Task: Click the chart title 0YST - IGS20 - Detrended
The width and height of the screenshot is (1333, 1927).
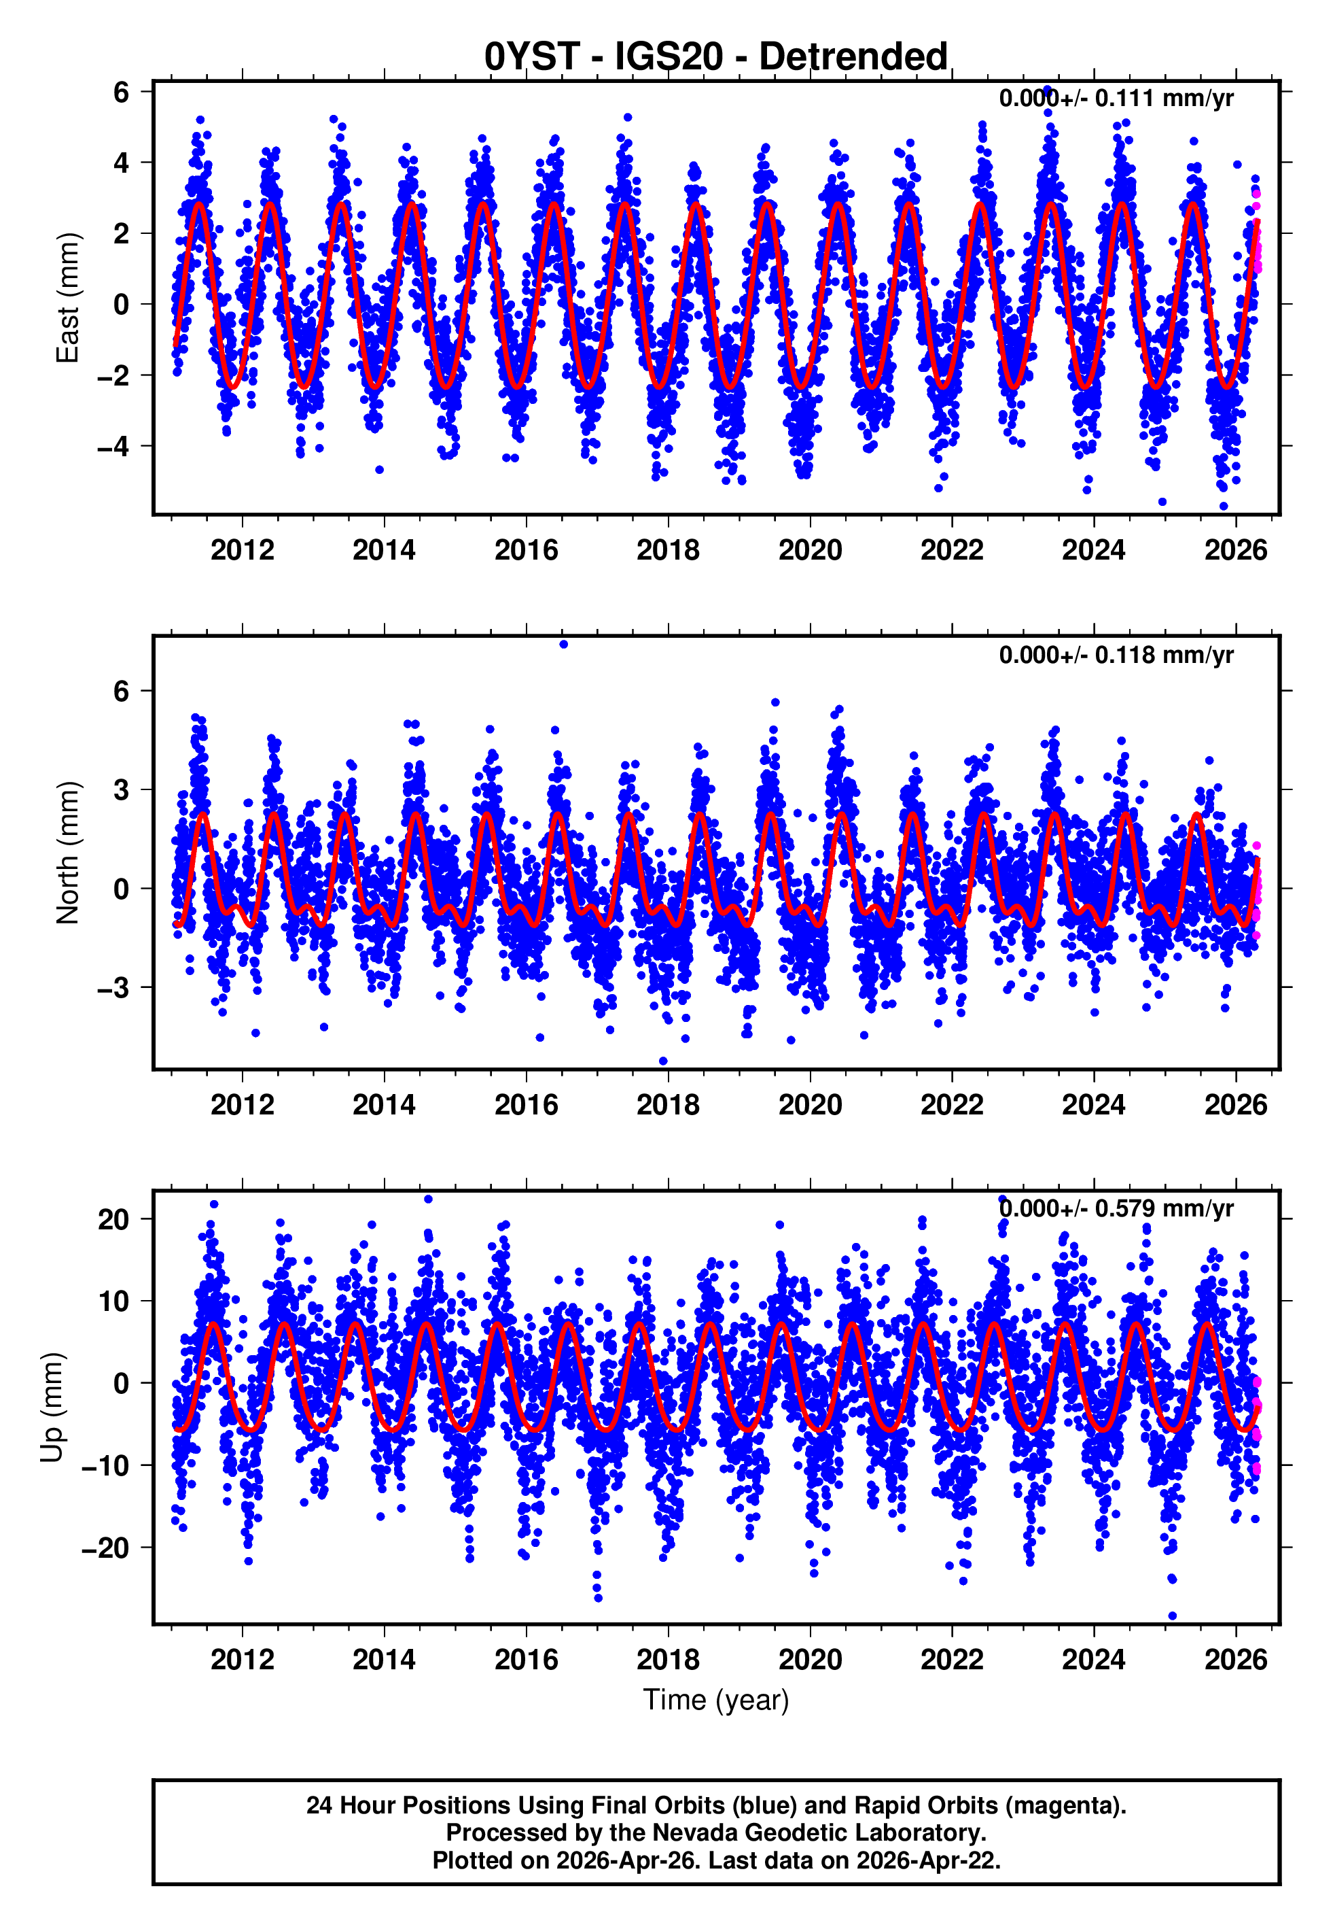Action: pyautogui.click(x=716, y=57)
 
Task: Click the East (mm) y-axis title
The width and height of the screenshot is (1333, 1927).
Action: pyautogui.click(x=67, y=299)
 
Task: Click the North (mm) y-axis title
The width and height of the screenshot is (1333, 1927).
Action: pyautogui.click(x=67, y=853)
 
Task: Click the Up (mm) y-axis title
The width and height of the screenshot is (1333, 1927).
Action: pyautogui.click(x=52, y=1408)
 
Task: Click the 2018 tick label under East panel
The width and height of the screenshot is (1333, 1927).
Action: pyautogui.click(x=667, y=550)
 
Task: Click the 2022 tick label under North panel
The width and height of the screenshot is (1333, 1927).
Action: pyautogui.click(x=951, y=1105)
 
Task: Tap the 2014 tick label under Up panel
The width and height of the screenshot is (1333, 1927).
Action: pyautogui.click(x=383, y=1659)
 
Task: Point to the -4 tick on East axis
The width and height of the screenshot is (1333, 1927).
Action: pyautogui.click(x=113, y=446)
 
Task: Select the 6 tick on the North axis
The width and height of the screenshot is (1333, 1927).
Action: pyautogui.click(x=122, y=691)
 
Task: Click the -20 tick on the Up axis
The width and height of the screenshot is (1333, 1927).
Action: pyautogui.click(x=105, y=1548)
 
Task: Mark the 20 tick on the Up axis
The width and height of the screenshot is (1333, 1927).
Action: pyautogui.click(x=113, y=1219)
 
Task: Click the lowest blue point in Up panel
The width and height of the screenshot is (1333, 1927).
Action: pyautogui.click(x=1172, y=1616)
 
